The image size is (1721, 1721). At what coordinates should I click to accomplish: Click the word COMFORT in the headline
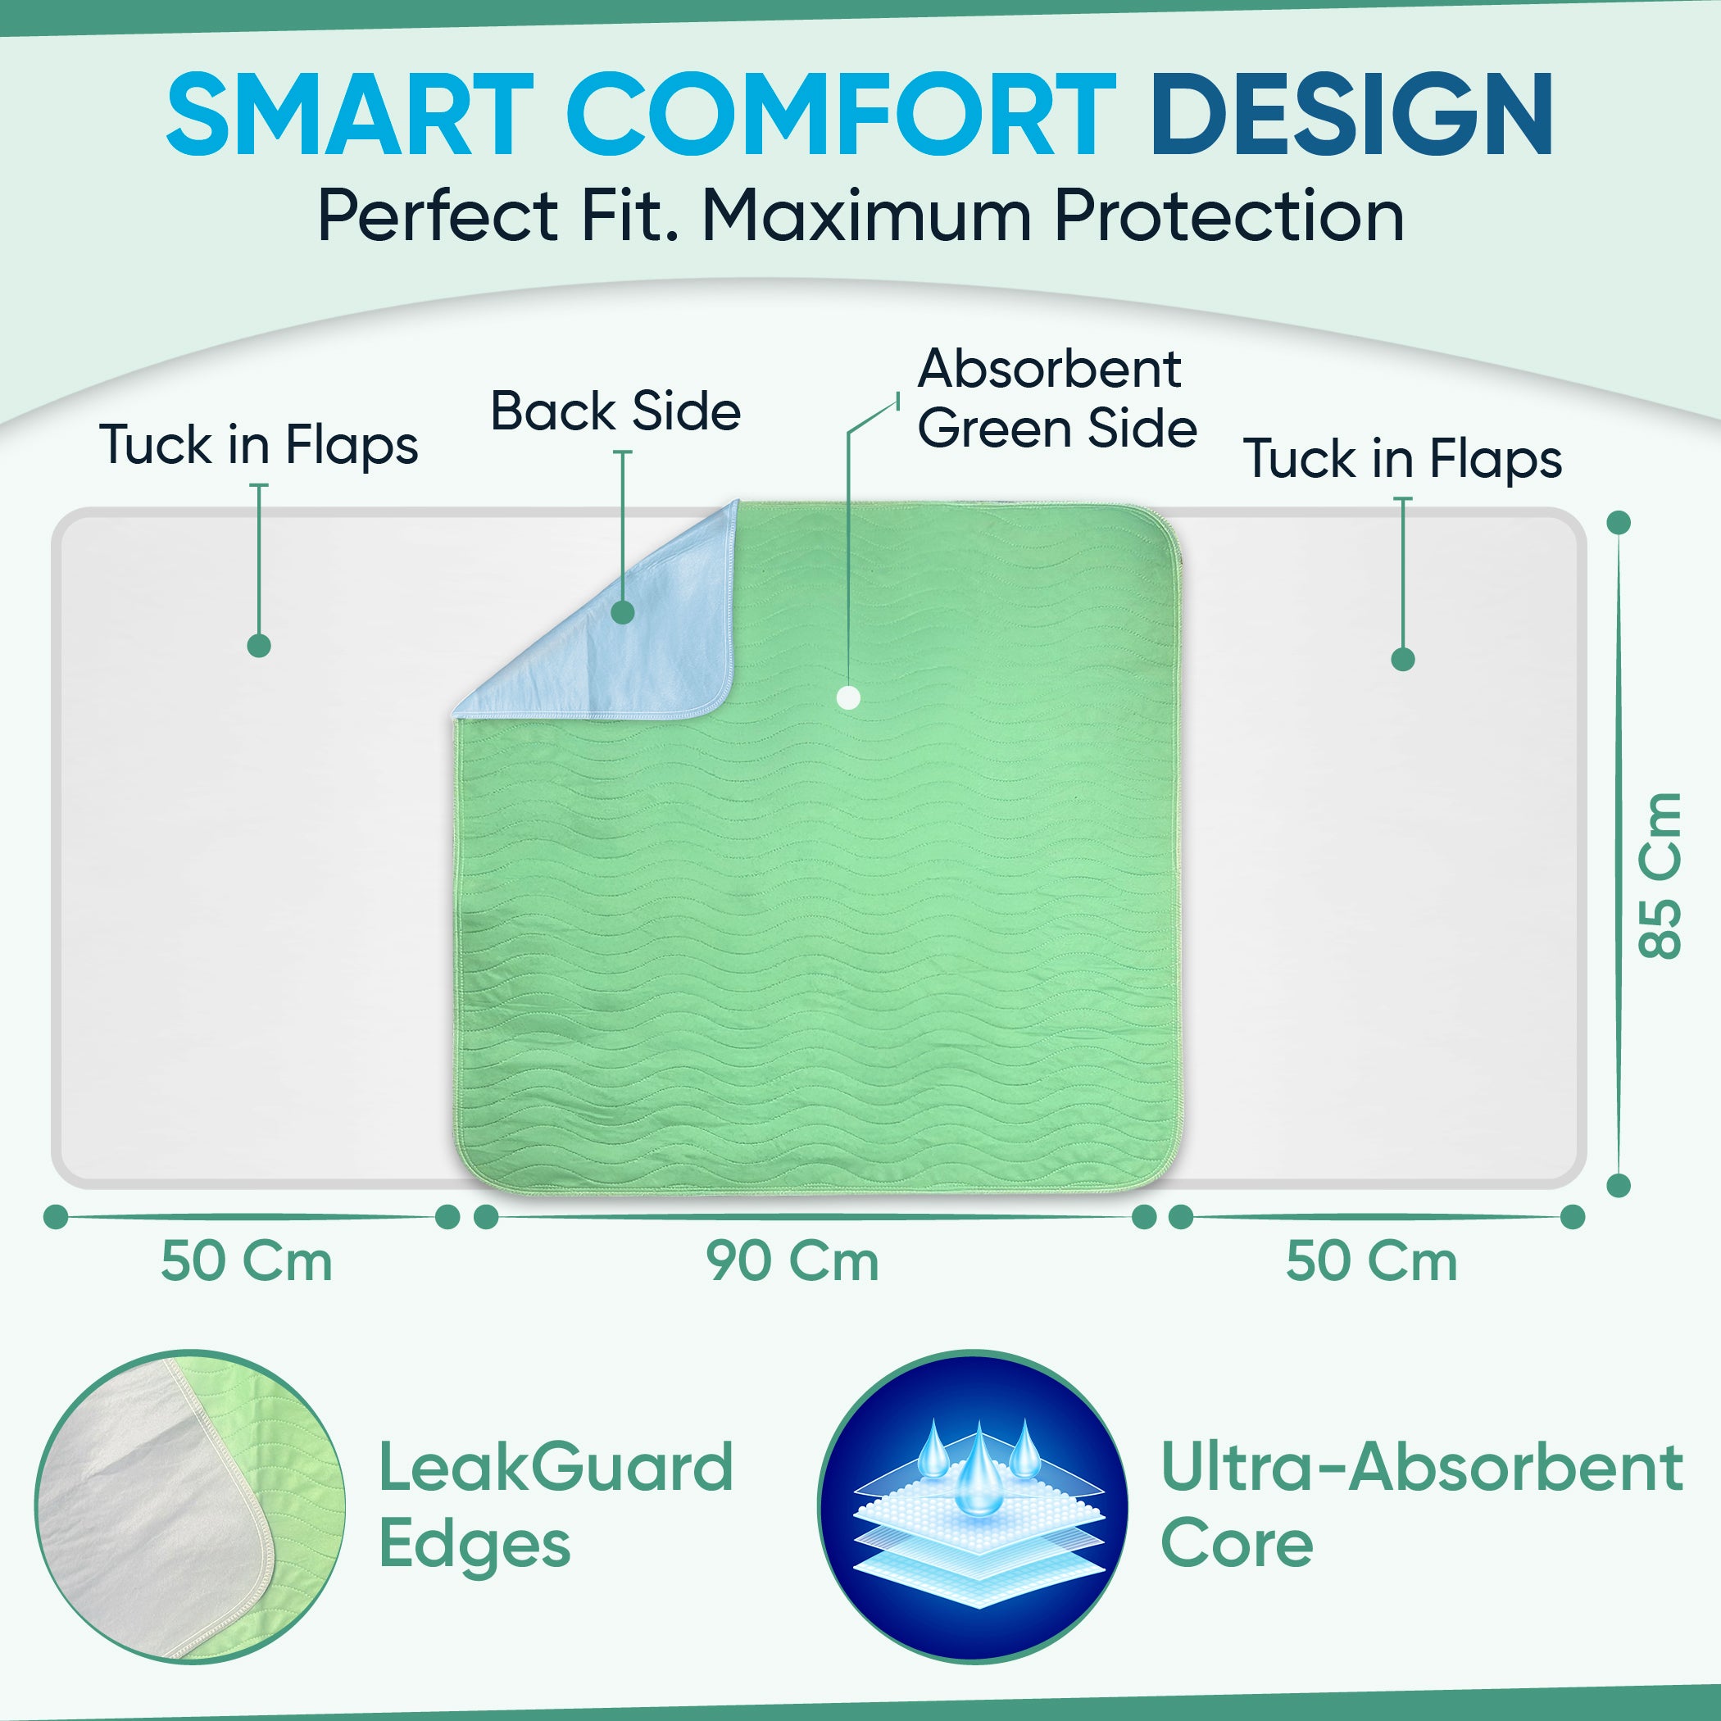841,115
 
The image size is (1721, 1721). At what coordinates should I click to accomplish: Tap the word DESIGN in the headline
1352,115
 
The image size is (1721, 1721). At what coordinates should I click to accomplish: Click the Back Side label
615,411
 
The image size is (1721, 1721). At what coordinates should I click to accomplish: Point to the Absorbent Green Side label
1057,399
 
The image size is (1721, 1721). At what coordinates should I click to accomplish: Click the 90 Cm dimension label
792,1261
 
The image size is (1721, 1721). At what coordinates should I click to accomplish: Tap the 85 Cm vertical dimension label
1660,874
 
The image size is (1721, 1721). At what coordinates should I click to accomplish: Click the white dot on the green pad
848,697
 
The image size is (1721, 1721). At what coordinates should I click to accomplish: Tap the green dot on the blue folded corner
623,612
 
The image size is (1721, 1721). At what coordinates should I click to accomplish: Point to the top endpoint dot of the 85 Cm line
1619,522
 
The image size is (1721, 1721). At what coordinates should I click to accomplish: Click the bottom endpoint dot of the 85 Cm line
1619,1185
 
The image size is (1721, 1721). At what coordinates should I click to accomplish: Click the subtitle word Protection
1229,216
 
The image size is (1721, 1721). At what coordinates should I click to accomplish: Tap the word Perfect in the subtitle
438,216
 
